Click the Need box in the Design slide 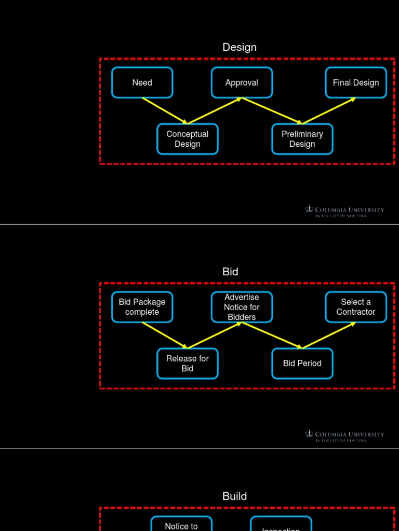142,82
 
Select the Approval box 242,82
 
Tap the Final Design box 356,82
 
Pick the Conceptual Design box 188,139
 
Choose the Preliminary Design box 302,139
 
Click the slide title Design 240,47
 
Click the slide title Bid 230,272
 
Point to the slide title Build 234,496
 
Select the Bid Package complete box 142,307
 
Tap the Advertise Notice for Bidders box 242,307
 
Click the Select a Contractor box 356,307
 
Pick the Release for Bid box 188,364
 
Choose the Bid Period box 302,364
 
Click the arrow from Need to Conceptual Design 165,110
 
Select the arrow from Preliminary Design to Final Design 329,110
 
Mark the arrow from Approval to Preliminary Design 272,110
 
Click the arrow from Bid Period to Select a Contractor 329,335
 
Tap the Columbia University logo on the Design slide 344,212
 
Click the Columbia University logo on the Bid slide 344,436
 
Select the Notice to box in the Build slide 181,525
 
